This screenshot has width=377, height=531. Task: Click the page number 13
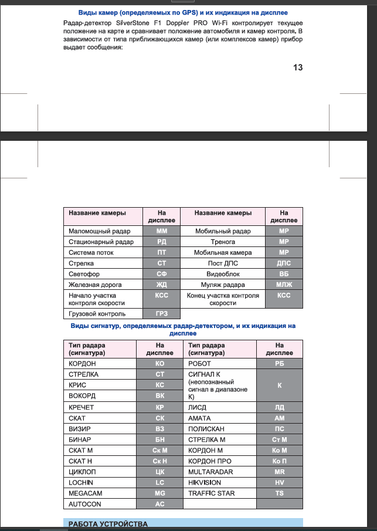point(297,67)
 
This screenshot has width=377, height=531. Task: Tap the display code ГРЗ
point(162,314)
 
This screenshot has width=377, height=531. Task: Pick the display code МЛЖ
point(284,284)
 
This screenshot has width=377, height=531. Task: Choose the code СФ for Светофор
point(162,273)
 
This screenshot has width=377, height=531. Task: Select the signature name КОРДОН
point(82,364)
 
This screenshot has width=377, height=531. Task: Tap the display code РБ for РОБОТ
point(279,364)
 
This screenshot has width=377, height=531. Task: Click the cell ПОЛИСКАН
point(206,429)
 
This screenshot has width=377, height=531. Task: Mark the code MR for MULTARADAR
point(279,472)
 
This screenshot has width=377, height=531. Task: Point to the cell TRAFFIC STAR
point(211,493)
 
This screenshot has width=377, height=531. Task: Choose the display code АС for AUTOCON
point(159,504)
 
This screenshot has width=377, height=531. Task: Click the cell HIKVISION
point(205,482)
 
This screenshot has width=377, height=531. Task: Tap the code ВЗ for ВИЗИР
point(159,429)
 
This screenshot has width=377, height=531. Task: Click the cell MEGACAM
point(86,493)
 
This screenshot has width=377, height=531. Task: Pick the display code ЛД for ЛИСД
point(279,407)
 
